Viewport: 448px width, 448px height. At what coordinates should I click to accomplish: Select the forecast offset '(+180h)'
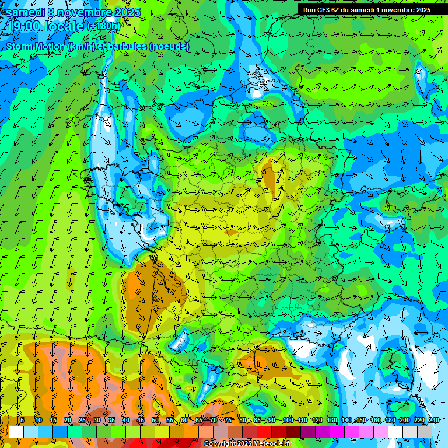coord(103,26)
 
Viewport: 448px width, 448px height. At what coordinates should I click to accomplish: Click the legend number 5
coord(22,420)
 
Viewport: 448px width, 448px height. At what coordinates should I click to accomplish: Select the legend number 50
coord(155,420)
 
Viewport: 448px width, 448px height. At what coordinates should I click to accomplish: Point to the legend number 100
coord(288,420)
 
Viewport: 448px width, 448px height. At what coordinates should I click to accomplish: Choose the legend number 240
coord(433,420)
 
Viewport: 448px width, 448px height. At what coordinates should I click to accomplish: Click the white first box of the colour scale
coord(16,432)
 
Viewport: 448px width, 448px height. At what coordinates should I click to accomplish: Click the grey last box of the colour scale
coord(425,432)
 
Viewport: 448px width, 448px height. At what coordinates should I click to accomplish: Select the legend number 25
coord(82,420)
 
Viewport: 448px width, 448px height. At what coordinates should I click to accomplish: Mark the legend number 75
coord(228,420)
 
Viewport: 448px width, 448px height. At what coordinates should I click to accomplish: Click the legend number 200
coord(404,420)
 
